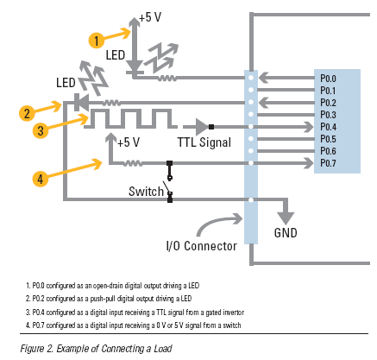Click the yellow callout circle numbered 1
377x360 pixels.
[97, 41]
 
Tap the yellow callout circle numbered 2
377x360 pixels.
[27, 113]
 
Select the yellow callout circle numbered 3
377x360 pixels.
[41, 130]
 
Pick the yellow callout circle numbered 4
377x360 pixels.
[41, 179]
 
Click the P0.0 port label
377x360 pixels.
[328, 79]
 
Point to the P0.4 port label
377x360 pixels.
[328, 127]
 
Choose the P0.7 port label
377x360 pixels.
[328, 163]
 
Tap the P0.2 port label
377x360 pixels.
[328, 103]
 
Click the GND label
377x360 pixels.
[286, 233]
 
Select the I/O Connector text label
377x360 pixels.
[202, 246]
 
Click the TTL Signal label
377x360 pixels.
[204, 142]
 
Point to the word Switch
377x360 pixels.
[146, 192]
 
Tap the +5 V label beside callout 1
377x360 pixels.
[150, 17]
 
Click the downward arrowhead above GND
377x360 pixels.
[286, 218]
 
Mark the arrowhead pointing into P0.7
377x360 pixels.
[308, 163]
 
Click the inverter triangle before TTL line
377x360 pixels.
[202, 127]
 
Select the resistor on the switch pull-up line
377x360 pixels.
[133, 163]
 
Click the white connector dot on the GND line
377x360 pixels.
[251, 199]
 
